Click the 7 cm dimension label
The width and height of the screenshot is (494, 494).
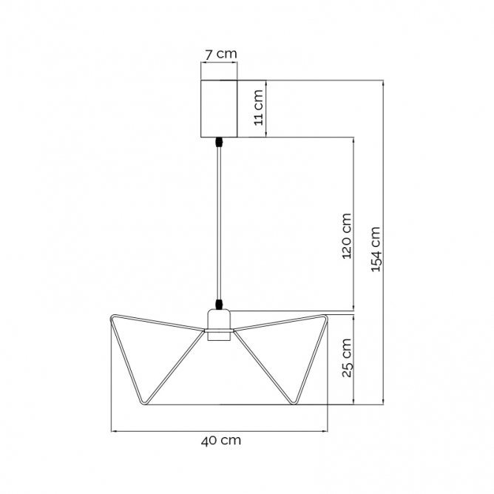tap(220, 54)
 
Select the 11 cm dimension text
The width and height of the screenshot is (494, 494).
tap(258, 107)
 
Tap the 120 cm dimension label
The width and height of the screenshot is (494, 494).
tap(346, 236)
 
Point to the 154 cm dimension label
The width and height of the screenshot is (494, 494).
tap(375, 249)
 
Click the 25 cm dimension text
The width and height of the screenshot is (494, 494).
tap(346, 358)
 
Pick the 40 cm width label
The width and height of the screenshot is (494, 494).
tap(221, 440)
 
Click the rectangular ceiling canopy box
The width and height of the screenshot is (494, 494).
tap(219, 109)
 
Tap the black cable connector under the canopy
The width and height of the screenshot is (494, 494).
tap(219, 143)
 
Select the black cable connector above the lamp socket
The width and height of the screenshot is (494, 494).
tap(219, 305)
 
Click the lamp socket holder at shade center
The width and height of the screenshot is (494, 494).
tap(219, 325)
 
